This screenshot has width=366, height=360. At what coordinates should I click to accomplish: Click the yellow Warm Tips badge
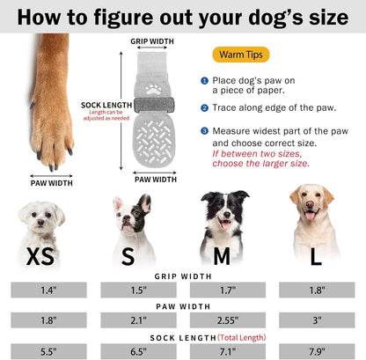tap(241, 55)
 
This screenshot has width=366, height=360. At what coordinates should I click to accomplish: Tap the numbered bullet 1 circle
tap(204, 81)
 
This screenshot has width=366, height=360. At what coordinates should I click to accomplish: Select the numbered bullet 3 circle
tap(204, 131)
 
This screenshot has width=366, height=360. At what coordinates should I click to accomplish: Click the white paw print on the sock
tap(153, 89)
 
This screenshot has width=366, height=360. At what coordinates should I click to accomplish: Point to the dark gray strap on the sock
tap(154, 105)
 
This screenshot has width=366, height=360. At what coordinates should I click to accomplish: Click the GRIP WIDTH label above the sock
tap(152, 41)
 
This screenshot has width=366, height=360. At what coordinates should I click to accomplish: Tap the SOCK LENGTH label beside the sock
tap(106, 105)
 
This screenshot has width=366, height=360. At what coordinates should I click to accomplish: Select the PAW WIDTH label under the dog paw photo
tap(52, 183)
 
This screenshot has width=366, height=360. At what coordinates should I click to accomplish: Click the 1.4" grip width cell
tap(48, 290)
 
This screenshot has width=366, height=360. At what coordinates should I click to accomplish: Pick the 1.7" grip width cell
tap(228, 290)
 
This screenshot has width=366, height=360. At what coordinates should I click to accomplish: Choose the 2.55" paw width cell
tap(228, 320)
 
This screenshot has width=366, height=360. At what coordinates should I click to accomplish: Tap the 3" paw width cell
tap(317, 320)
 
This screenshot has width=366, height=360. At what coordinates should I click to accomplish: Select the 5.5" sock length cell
tap(48, 351)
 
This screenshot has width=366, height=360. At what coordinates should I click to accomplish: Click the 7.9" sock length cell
tap(317, 351)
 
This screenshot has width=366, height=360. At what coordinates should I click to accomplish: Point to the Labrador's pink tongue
tap(310, 216)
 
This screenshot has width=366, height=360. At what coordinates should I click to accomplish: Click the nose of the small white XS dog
tap(40, 222)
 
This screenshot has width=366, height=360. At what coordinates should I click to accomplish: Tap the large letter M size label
tap(222, 256)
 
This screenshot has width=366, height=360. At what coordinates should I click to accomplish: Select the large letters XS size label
tap(40, 256)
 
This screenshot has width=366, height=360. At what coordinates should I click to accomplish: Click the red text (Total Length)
tap(242, 338)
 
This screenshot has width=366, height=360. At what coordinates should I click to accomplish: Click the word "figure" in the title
tap(123, 18)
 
